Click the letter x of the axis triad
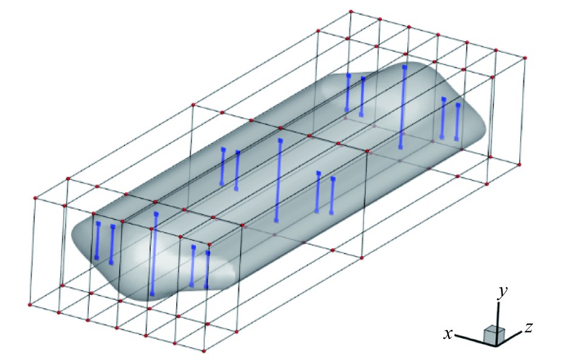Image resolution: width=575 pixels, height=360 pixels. (448, 334)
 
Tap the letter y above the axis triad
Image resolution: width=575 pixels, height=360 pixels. (502, 292)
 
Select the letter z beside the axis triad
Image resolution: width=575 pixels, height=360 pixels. (528, 327)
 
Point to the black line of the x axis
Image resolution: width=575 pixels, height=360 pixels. (473, 339)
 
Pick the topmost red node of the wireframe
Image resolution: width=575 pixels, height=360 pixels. (351, 12)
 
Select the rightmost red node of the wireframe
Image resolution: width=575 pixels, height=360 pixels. (525, 58)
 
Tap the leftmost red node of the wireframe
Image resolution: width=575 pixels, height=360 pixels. (30, 305)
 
